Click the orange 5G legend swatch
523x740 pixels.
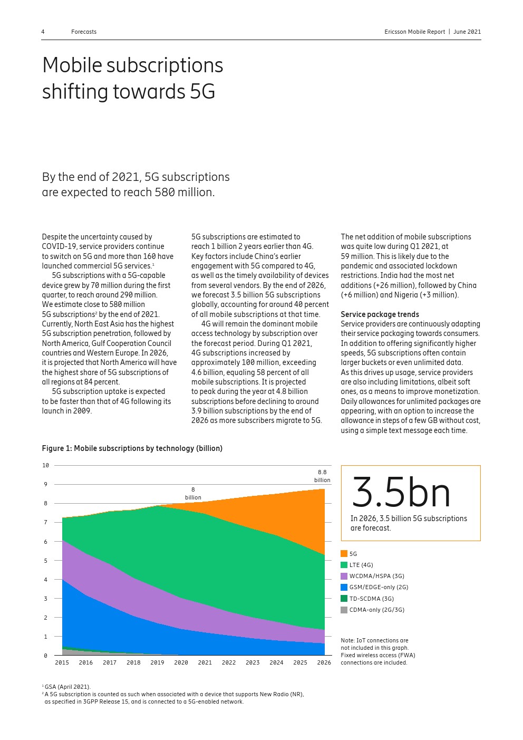coord(344,554)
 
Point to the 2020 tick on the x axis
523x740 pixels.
coord(181,662)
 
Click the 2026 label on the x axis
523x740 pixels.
coord(324,662)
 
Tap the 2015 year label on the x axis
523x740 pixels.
coord(62,662)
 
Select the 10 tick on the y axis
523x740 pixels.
coord(45,465)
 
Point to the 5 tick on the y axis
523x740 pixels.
coord(45,561)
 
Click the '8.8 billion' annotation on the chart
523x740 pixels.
coord(322,476)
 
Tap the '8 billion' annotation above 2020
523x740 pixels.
coord(193,494)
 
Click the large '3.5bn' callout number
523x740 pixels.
coord(401,493)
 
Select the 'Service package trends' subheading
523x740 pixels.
coord(380,314)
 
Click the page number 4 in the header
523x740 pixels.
coord(43,32)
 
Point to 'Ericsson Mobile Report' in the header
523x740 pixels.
coord(414,32)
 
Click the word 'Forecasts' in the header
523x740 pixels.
coord(84,32)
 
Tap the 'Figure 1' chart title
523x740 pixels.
coord(132,448)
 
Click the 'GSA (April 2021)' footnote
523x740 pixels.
coord(67,687)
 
